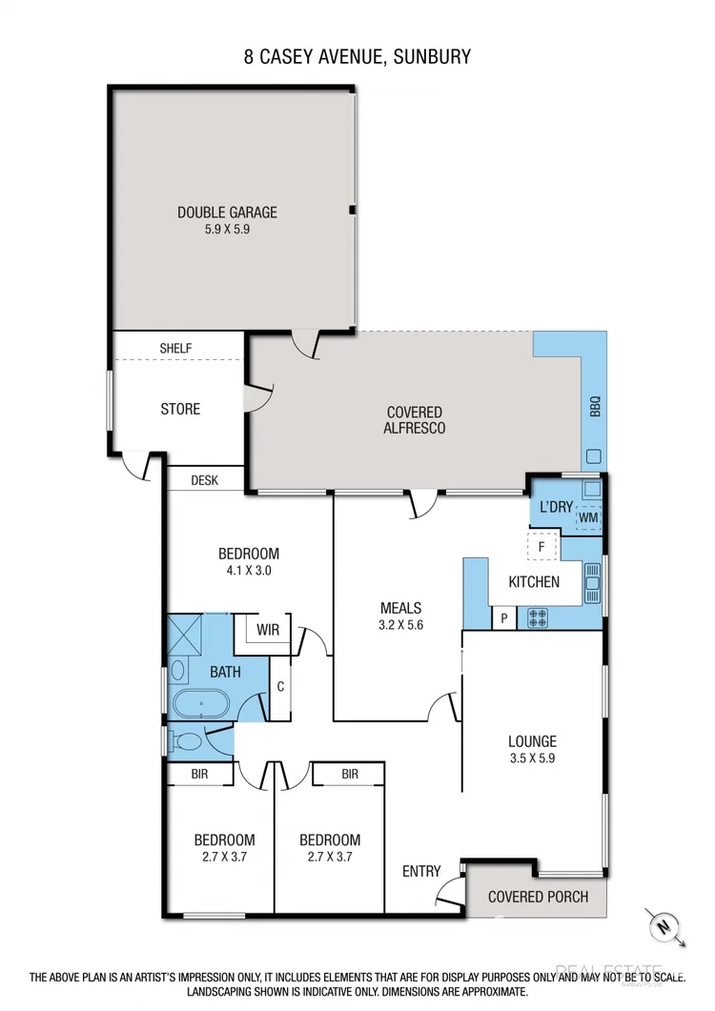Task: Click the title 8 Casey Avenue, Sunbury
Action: pos(357,57)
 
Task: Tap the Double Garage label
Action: pos(227,212)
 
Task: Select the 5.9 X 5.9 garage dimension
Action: pos(227,230)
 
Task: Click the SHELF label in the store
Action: pos(175,349)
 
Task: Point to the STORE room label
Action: pos(180,409)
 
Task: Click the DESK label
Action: pos(204,480)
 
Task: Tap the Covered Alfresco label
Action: pos(415,420)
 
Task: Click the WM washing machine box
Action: pos(589,517)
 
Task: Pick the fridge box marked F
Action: pos(541,547)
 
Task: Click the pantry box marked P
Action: pos(503,619)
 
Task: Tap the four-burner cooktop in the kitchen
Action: pos(537,619)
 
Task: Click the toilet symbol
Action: pos(187,740)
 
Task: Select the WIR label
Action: pos(268,630)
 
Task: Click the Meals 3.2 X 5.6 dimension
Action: pos(400,625)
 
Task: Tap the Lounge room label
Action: pos(532,741)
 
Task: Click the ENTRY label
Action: pos(421,871)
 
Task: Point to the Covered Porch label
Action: pos(538,897)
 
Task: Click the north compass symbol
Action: pos(662,924)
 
